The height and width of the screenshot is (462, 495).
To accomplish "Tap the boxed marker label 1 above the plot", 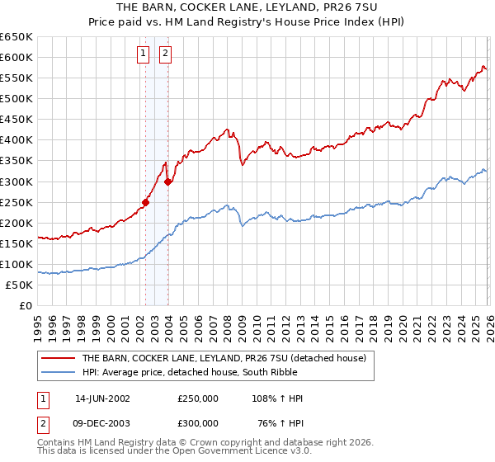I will tap(144, 54).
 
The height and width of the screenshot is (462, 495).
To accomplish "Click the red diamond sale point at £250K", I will tap(146, 201).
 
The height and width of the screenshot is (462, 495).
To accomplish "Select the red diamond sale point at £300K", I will tap(167, 181).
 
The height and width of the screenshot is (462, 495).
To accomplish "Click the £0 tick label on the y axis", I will tap(26, 305).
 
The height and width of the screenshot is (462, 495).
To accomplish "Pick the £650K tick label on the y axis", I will tap(16, 37).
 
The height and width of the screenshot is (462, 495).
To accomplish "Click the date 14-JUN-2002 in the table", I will tap(102, 398).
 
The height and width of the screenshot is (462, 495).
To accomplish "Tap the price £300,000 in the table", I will tap(198, 423).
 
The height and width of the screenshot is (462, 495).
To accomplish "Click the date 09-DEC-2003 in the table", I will tap(102, 423).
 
